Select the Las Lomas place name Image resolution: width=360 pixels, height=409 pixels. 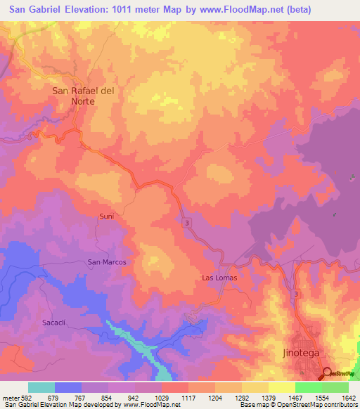219,278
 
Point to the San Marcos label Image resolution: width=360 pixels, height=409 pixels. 106,261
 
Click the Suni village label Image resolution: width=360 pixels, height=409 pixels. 106,216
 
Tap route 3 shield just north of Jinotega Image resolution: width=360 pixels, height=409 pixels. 297,294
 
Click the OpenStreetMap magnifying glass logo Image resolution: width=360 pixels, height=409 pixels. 328,373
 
